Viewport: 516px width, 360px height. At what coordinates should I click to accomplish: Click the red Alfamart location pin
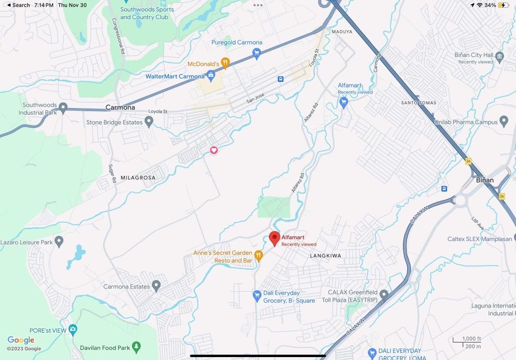point(274,238)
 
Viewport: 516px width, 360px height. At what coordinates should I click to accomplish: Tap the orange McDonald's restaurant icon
point(226,63)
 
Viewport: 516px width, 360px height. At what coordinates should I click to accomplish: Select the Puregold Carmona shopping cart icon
point(257,53)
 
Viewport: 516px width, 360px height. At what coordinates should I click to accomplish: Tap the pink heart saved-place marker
point(214,150)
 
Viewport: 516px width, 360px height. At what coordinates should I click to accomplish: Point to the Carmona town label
point(120,107)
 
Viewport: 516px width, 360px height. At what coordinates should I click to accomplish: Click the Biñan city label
point(484,180)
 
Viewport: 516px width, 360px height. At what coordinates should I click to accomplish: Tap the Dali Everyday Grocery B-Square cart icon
point(257,296)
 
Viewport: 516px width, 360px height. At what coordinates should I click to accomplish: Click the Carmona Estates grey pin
point(156,286)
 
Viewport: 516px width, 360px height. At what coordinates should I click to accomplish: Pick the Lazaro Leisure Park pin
point(59,242)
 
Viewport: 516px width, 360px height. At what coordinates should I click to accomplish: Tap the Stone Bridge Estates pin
point(149,122)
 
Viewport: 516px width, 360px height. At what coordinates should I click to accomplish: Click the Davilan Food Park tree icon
point(137,346)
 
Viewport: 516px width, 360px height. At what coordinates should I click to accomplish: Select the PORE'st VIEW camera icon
point(73,329)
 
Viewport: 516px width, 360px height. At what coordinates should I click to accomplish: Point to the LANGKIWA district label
point(325,256)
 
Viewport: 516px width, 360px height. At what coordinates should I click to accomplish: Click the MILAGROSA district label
point(138,178)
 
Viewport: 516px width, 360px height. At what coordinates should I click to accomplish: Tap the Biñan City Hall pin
point(500,57)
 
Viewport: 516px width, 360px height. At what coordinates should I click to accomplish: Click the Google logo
point(21,340)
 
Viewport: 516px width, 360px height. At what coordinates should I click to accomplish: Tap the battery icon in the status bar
point(504,5)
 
